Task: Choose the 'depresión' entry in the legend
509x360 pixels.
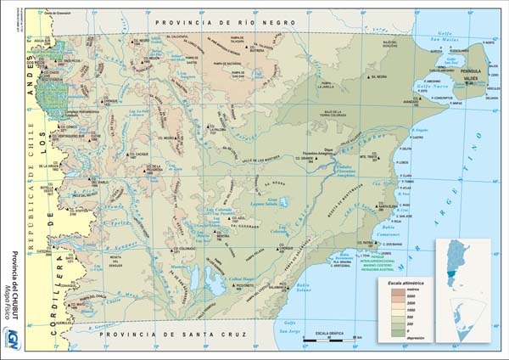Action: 416,338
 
